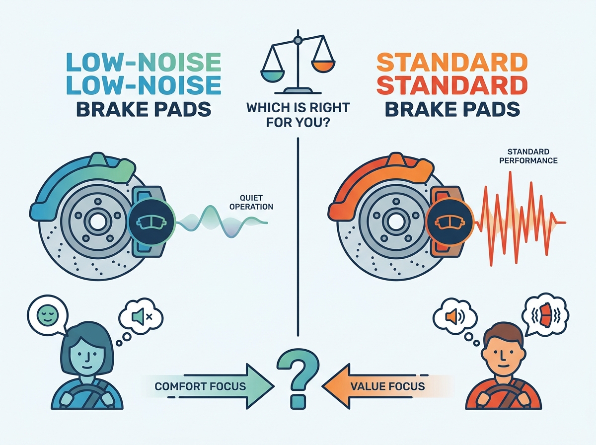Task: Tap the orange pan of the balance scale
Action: coord(323,67)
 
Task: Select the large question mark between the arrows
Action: coord(298,379)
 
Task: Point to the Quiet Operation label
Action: coord(251,202)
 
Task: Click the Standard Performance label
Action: coord(528,156)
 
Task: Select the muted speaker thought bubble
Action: coord(141,316)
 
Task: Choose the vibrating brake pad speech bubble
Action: coord(545,315)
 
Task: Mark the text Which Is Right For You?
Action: coord(298,115)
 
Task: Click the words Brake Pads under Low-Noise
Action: coord(144,109)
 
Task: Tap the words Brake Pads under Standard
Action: coord(452,109)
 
